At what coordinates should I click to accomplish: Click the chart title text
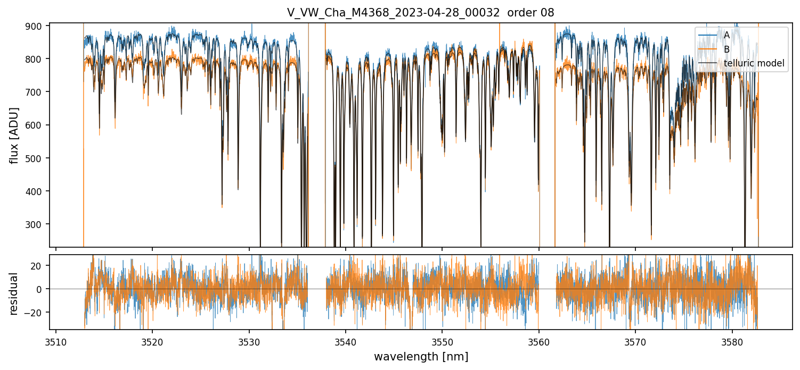click(x=420, y=13)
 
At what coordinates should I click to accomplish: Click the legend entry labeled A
click(x=726, y=35)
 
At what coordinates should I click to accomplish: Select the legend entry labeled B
click(x=726, y=49)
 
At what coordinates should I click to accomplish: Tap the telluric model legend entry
click(x=754, y=63)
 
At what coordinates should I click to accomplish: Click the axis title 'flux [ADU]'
click(x=14, y=135)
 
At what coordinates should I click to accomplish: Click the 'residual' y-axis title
click(x=14, y=293)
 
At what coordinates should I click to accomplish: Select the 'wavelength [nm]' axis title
click(x=421, y=357)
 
